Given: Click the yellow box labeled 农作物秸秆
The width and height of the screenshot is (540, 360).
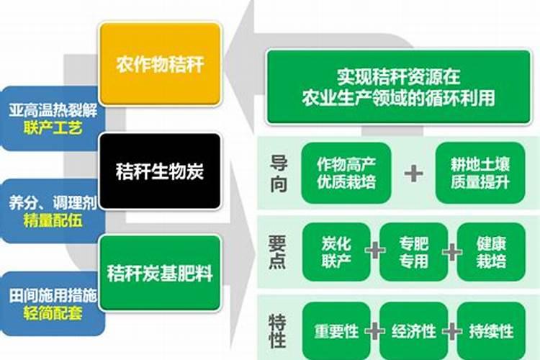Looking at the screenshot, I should (x=160, y=64).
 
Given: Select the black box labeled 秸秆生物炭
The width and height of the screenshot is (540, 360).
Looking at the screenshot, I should (x=160, y=171).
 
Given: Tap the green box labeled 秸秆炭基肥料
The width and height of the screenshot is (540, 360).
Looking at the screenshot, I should (x=160, y=273).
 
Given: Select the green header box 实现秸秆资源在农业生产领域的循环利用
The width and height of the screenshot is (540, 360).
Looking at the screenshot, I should (x=398, y=86).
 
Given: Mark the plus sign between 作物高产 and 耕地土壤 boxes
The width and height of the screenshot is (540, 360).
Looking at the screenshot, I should (x=413, y=173).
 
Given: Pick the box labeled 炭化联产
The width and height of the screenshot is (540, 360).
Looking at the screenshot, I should (x=336, y=252).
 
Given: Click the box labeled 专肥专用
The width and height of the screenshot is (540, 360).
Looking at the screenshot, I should (x=413, y=252).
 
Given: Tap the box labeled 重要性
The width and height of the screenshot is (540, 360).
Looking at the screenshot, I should (x=336, y=331).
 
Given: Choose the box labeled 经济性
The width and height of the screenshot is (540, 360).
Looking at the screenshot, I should (x=413, y=331).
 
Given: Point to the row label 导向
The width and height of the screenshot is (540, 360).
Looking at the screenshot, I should (x=279, y=173).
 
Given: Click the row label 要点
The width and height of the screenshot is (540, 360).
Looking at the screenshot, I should (x=279, y=252).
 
